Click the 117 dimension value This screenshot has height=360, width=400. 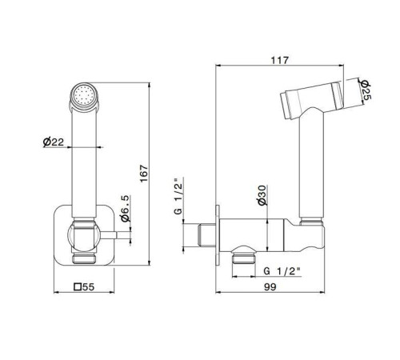coord(280,60)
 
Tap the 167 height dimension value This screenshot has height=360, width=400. coord(144,174)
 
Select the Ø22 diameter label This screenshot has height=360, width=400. coord(54,142)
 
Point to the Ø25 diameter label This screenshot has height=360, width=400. coord(365,90)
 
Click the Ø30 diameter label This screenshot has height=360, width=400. coord(262,195)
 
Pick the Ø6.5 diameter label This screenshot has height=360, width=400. coord(125,209)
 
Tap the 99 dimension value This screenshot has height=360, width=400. coord(270,287)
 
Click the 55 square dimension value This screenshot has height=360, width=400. coord(89,287)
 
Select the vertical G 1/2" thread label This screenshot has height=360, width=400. coord(178,195)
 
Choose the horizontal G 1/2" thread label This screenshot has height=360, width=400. coord(282,271)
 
